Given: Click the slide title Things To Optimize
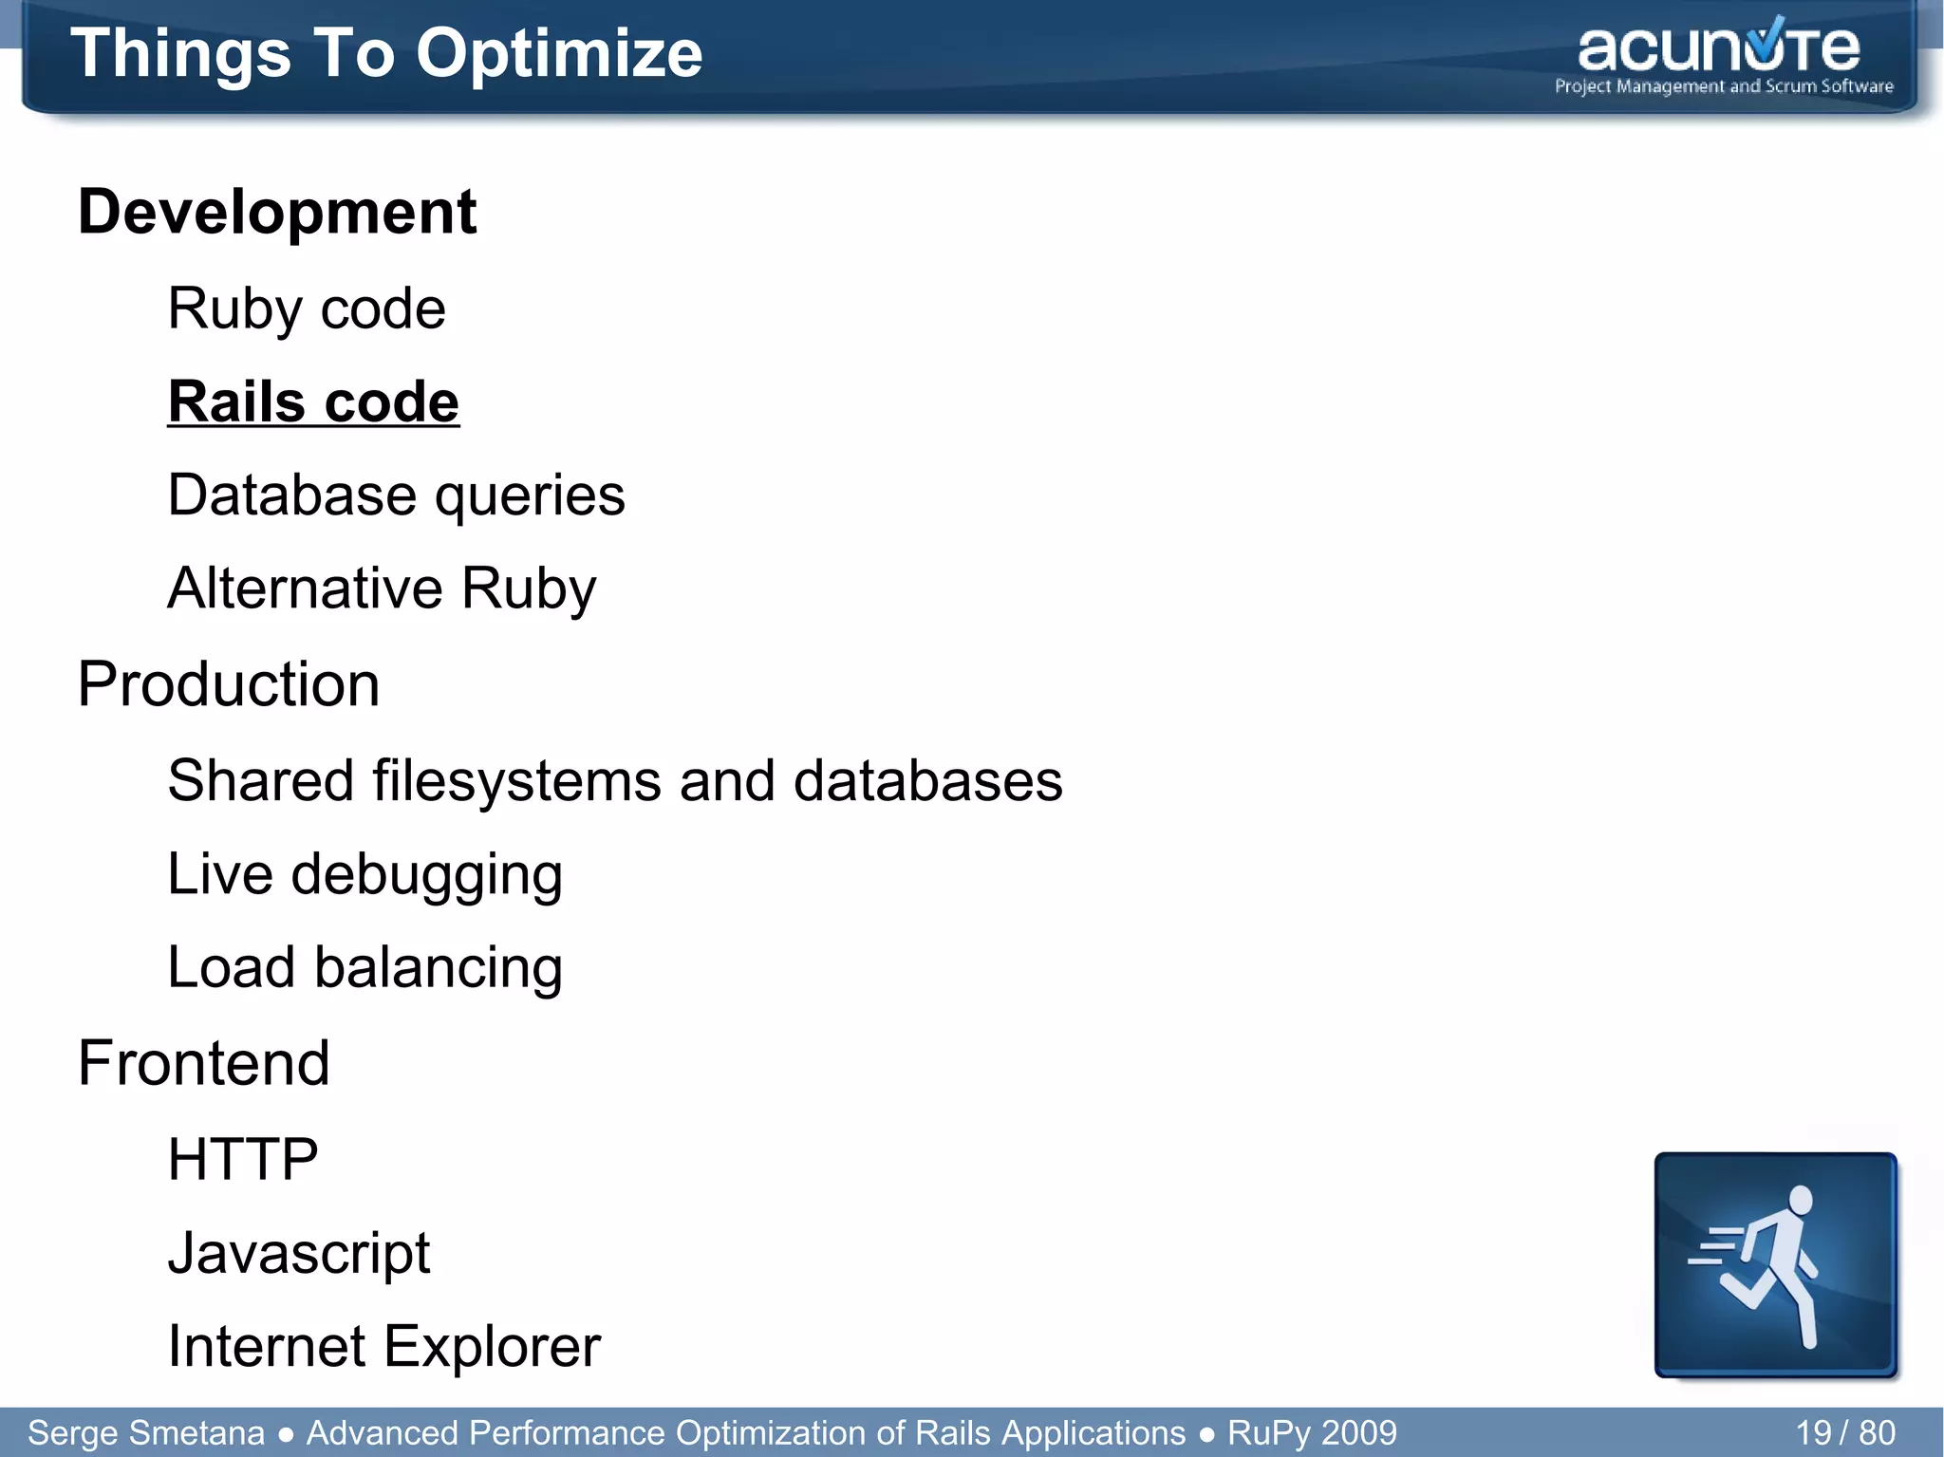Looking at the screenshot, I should (x=385, y=53).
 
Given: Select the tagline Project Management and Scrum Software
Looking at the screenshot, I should (x=1723, y=86).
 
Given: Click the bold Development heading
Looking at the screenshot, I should (x=276, y=212).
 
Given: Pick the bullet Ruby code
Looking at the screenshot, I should (x=306, y=308).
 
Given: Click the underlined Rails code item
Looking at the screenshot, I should (x=313, y=402).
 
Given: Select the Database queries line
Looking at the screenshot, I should (x=396, y=495).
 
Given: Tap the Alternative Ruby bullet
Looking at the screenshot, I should (x=382, y=588).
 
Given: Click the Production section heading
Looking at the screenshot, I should (x=228, y=684).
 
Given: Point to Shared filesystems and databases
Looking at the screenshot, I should (x=614, y=781).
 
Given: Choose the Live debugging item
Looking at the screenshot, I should (x=364, y=874).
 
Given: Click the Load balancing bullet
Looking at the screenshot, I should (x=364, y=967).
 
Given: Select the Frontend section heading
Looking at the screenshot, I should (x=203, y=1063).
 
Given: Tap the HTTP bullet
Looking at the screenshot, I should (x=242, y=1160).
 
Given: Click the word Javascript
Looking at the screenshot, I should (x=298, y=1253).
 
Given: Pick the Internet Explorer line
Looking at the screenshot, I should (x=383, y=1346).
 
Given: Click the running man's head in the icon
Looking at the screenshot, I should (x=1799, y=1200).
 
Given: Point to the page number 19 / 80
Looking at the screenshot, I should (x=1844, y=1432).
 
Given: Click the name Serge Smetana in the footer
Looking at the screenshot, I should (x=145, y=1432).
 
